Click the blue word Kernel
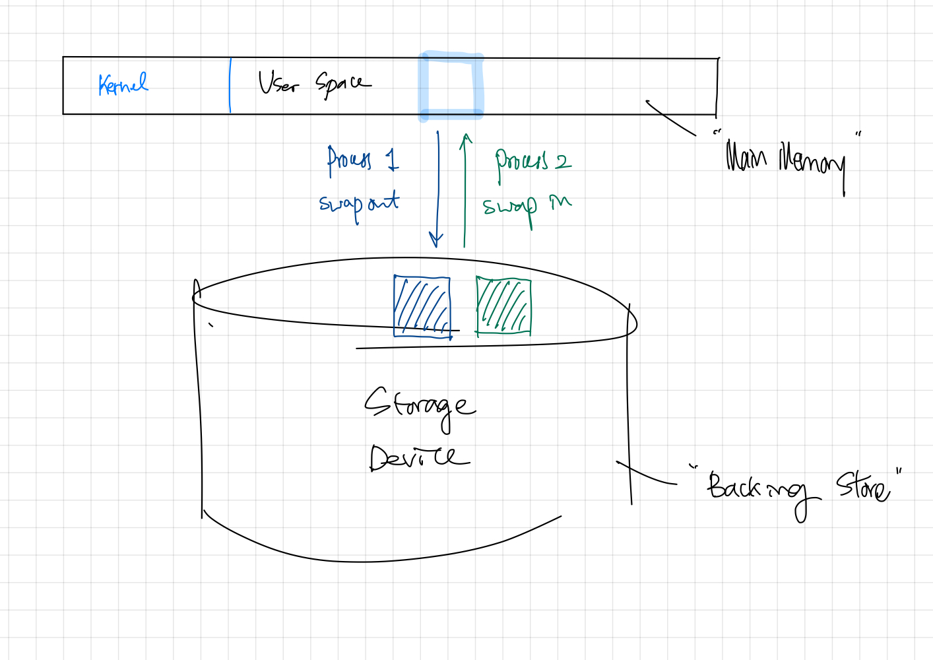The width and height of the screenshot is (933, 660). click(x=123, y=84)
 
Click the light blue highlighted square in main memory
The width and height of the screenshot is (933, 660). click(x=451, y=86)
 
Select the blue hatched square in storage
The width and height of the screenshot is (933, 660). click(x=422, y=306)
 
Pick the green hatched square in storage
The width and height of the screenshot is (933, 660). click(x=503, y=306)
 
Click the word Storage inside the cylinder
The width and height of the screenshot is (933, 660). click(x=418, y=405)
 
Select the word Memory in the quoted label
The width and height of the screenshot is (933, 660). click(x=812, y=162)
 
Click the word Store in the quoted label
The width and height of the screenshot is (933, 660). click(x=863, y=487)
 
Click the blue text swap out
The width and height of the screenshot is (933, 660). click(x=359, y=204)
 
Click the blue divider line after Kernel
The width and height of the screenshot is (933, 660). click(x=230, y=86)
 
